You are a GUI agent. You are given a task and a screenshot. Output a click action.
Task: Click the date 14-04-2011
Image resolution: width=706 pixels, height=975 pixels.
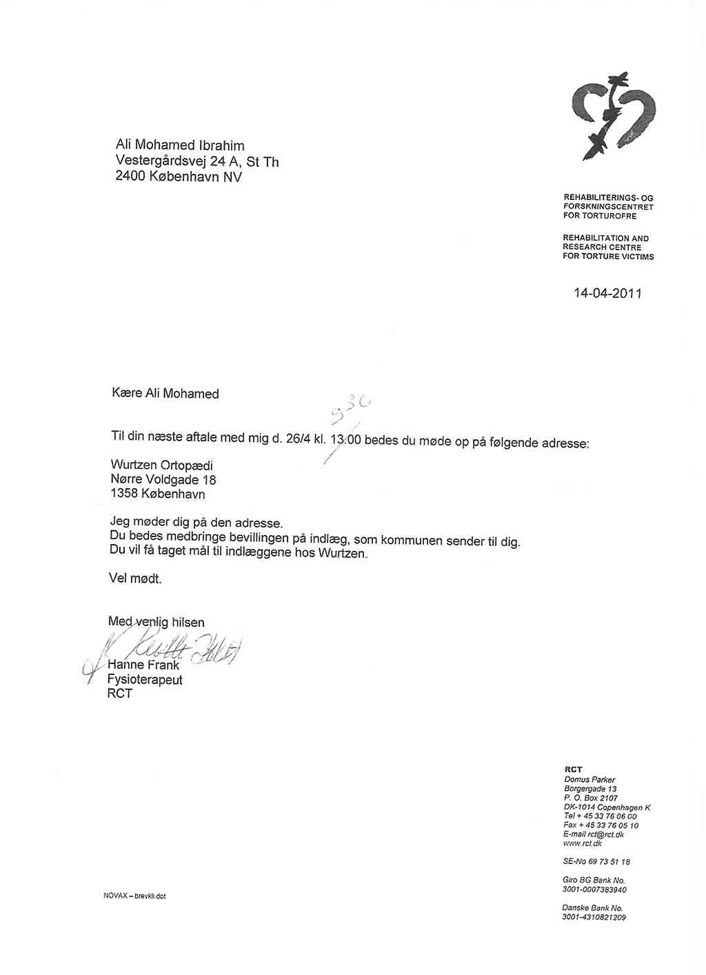[x=607, y=293]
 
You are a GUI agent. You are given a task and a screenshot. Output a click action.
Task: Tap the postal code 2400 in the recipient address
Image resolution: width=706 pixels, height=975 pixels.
[x=130, y=177]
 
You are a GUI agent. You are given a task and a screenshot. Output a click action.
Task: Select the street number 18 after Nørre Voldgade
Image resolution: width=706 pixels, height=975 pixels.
[x=209, y=480]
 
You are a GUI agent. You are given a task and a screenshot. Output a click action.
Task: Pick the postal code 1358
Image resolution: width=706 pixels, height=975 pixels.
[x=124, y=494]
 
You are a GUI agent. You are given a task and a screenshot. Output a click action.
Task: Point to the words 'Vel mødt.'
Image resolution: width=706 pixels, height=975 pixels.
[x=135, y=579]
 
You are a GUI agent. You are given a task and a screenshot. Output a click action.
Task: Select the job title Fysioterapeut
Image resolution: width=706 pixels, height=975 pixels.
[x=145, y=679]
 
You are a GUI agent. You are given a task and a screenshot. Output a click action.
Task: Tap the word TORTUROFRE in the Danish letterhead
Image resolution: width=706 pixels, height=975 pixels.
[x=609, y=216]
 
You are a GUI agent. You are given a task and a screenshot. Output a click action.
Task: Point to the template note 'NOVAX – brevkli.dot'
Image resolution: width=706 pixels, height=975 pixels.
[x=134, y=896]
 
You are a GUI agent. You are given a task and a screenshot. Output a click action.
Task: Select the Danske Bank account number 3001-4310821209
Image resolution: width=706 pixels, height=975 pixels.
[x=594, y=918]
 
